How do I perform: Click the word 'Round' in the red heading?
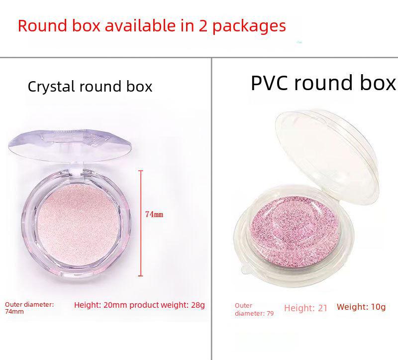[x=43, y=26]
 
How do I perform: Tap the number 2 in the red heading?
[x=203, y=26]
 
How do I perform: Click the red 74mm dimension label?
[x=154, y=214]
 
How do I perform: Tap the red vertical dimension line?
[x=141, y=223]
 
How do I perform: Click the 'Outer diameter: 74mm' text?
[x=29, y=308]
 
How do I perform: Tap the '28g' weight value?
[x=198, y=305]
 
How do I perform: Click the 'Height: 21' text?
[x=306, y=308]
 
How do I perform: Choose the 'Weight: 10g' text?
[x=361, y=307]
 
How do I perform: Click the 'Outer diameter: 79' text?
[x=254, y=309]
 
